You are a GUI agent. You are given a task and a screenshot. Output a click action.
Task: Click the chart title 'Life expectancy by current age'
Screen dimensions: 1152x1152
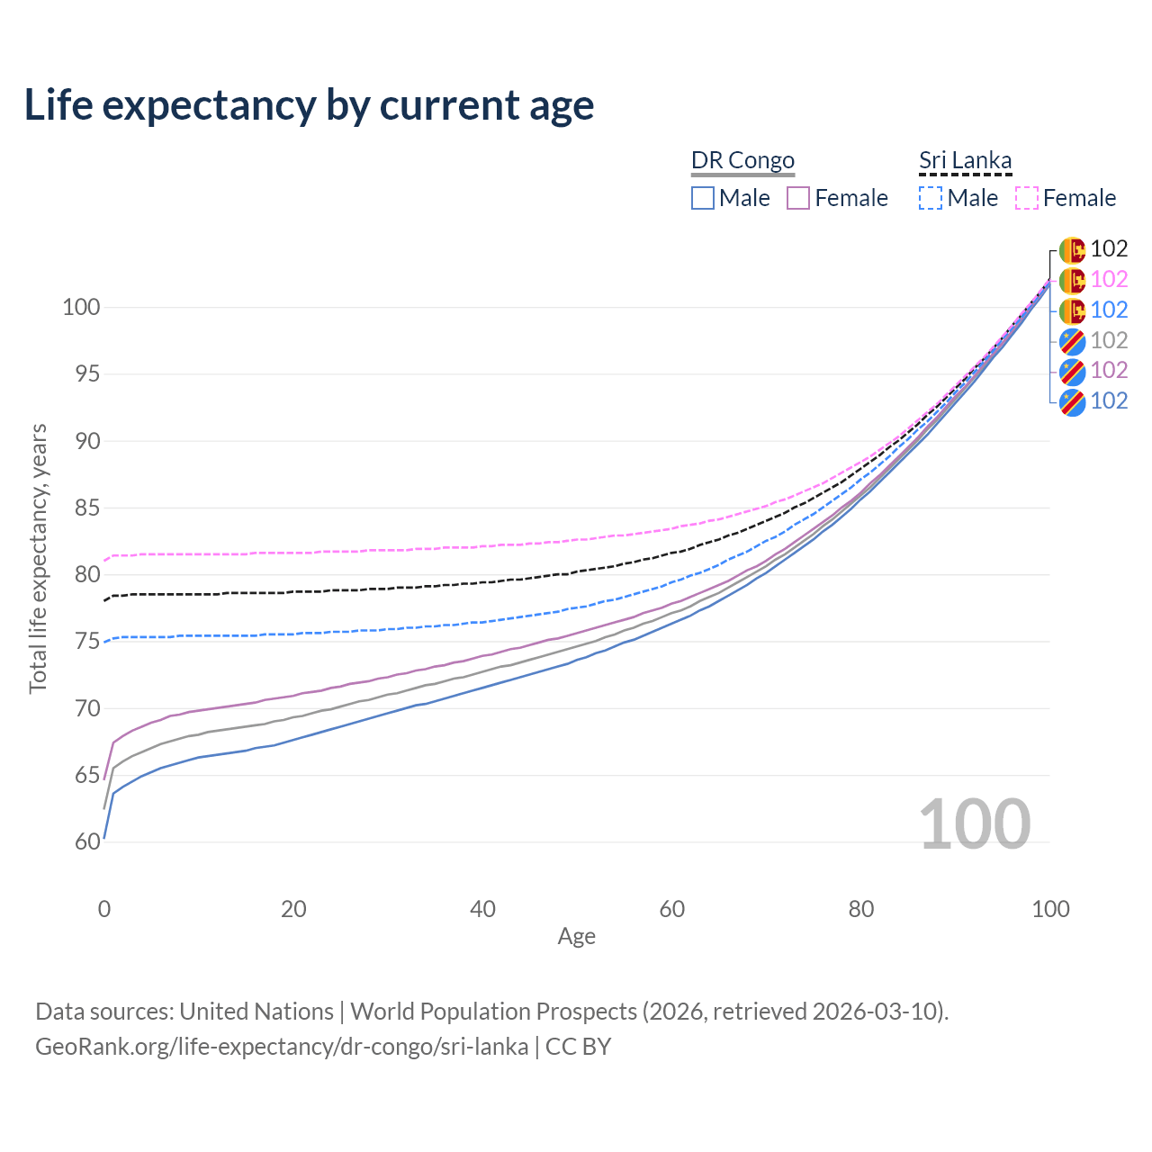point(309,104)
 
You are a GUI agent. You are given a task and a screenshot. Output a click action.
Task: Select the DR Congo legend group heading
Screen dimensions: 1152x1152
point(742,160)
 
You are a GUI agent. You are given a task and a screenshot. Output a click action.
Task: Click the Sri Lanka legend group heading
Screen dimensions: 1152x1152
point(965,160)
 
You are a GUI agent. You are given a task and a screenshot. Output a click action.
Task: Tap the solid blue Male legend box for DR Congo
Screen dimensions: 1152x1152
point(703,198)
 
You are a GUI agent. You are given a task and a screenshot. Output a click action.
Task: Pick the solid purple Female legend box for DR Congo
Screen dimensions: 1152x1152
point(798,198)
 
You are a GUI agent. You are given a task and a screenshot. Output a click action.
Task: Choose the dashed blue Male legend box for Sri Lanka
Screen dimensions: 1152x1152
point(931,198)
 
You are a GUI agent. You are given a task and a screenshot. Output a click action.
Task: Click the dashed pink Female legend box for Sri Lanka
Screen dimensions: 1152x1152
point(1027,198)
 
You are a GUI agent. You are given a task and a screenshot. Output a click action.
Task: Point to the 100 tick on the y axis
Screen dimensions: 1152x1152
point(81,307)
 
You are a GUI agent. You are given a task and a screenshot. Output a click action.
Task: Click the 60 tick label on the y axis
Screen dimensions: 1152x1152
point(87,841)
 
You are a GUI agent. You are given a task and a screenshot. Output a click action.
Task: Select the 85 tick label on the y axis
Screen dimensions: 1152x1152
point(87,508)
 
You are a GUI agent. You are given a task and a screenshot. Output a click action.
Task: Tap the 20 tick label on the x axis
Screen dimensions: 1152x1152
point(293,909)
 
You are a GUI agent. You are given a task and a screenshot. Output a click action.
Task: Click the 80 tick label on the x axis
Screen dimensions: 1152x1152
point(861,909)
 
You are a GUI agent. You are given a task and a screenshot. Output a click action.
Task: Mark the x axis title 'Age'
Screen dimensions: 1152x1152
point(576,937)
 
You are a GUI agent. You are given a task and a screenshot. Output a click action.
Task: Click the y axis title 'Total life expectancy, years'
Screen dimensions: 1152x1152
point(38,558)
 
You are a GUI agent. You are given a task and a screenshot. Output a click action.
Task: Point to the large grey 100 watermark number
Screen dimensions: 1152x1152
point(975,824)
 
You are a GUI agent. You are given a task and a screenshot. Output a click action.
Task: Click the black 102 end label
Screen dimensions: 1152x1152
point(1109,249)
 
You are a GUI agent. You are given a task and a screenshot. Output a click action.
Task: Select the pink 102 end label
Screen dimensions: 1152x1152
point(1109,280)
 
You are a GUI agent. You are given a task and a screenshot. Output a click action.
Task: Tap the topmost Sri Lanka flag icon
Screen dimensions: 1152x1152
point(1072,249)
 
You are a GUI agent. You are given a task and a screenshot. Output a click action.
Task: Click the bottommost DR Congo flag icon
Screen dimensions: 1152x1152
point(1072,401)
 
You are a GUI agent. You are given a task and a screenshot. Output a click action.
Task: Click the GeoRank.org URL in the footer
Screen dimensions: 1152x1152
point(282,1047)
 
